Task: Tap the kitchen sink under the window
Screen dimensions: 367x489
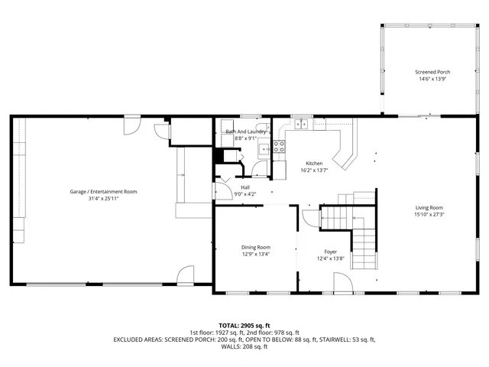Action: pos(302,124)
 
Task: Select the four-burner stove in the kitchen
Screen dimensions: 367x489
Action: pos(280,147)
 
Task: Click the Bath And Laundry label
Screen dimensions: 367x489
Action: pos(245,132)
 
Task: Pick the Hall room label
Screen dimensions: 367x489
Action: pos(245,187)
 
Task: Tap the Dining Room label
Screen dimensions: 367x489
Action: pos(256,247)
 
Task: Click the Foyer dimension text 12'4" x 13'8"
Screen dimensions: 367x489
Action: pos(331,258)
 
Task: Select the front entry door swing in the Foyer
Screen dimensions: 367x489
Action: pos(342,284)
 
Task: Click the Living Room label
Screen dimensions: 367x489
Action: pos(429,207)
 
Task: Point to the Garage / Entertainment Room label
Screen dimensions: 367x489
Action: pos(103,191)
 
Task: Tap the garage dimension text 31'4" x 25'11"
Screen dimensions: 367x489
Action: pos(103,198)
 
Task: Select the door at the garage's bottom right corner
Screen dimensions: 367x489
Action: pos(186,275)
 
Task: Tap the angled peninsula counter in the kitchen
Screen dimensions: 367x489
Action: pos(348,150)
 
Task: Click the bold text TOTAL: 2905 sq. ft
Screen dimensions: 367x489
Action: pos(244,326)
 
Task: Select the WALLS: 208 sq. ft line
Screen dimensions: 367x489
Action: pos(244,347)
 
